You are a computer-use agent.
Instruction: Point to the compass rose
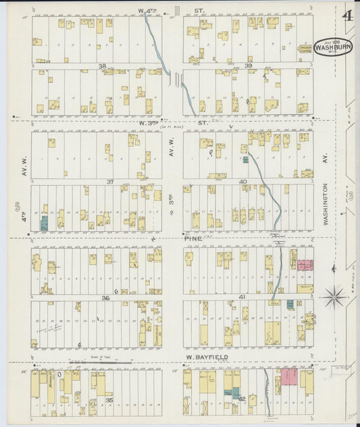coord(333,297)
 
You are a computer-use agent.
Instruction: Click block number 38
coord(103,66)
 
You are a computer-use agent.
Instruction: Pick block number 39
coord(248,66)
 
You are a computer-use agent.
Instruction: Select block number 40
coord(243,182)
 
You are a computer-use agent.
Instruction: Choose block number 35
coord(109,400)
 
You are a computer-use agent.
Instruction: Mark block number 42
coord(241,400)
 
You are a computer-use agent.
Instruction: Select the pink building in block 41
coord(305,266)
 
